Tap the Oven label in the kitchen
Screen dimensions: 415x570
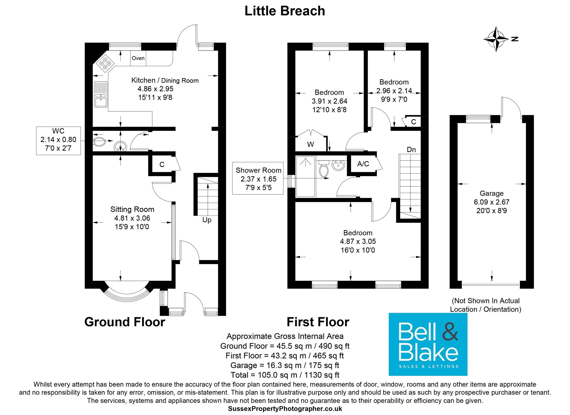tap(138, 58)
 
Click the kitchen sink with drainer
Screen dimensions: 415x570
tap(101, 94)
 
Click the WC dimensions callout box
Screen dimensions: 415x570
tap(58, 141)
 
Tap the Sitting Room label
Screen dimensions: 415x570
tap(132, 209)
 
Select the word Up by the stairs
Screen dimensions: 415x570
tap(207, 220)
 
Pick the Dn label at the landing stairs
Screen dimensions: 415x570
tap(411, 150)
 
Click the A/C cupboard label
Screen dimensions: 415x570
tap(363, 164)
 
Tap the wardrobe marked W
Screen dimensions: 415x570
tap(310, 144)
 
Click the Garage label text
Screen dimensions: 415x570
tap(491, 193)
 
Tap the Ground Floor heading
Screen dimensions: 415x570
tap(125, 322)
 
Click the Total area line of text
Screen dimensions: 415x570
tap(285, 375)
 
